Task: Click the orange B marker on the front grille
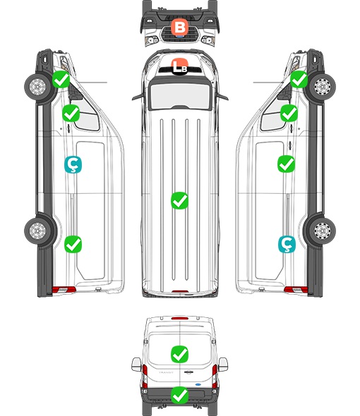pyautogui.click(x=179, y=27)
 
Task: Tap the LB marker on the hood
pyautogui.click(x=179, y=66)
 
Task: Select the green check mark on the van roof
pyautogui.click(x=179, y=200)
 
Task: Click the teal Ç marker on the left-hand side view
pyautogui.click(x=73, y=164)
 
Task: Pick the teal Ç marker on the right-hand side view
pyautogui.click(x=287, y=244)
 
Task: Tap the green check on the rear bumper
pyautogui.click(x=179, y=396)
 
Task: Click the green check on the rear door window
pyautogui.click(x=179, y=354)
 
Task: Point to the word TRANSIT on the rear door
pyautogui.click(x=166, y=372)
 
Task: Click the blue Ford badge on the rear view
pyautogui.click(x=198, y=384)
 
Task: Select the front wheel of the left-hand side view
pyautogui.click(x=37, y=87)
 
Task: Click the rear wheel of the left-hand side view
pyautogui.click(x=37, y=231)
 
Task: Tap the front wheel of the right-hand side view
pyautogui.click(x=323, y=87)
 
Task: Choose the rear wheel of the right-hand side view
pyautogui.click(x=323, y=231)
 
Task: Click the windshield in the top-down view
pyautogui.click(x=180, y=95)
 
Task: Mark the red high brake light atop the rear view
pyautogui.click(x=180, y=318)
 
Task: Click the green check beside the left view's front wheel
pyautogui.click(x=61, y=79)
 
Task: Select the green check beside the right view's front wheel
pyautogui.click(x=299, y=79)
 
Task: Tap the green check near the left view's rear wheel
pyautogui.click(x=73, y=244)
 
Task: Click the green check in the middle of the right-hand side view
pyautogui.click(x=286, y=164)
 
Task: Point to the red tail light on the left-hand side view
pyautogui.click(x=64, y=290)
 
